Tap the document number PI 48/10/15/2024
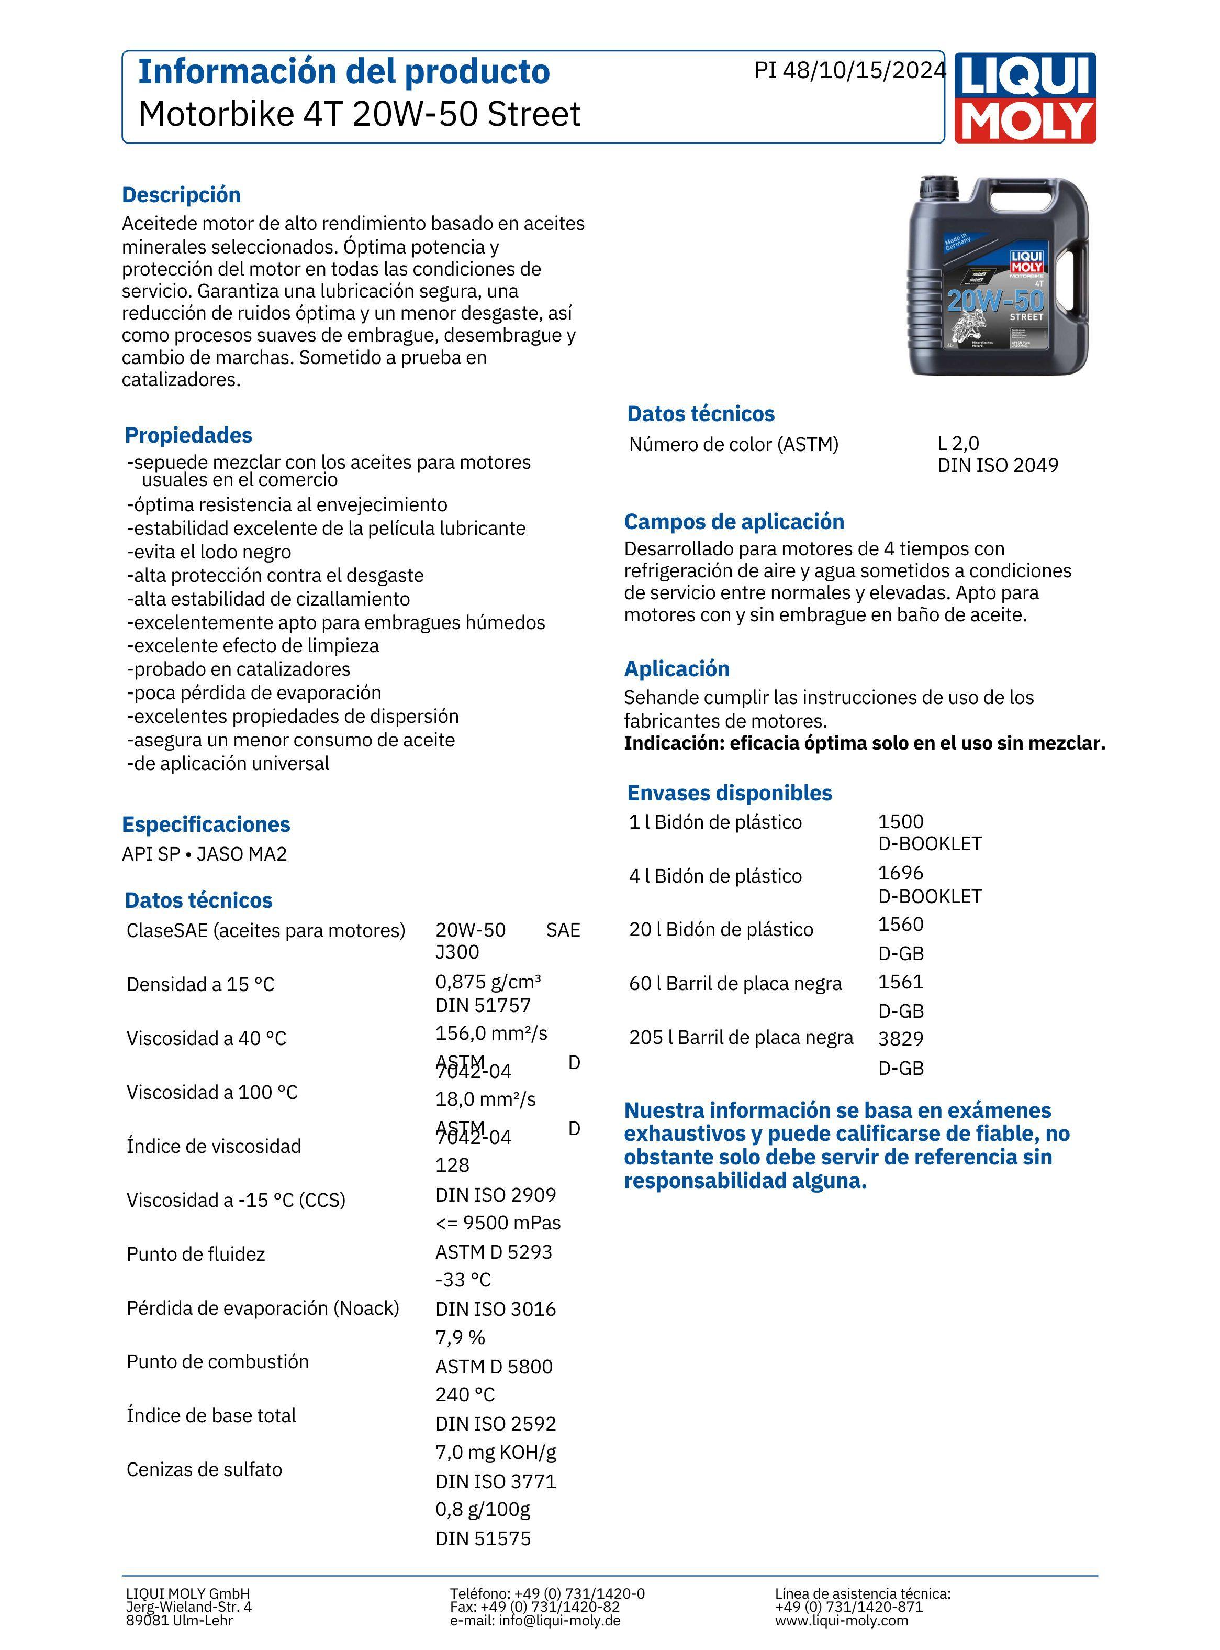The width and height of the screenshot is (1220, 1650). pos(849,70)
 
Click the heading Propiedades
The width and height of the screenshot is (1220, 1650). pos(188,435)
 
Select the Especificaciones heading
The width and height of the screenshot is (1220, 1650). pos(206,824)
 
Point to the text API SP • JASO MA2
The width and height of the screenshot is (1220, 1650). pos(205,854)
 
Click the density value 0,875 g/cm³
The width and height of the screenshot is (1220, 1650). pos(488,982)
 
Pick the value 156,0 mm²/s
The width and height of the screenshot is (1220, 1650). pos(491,1033)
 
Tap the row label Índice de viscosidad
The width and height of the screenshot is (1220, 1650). pos(214,1146)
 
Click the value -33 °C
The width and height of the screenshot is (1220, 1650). pos(463,1280)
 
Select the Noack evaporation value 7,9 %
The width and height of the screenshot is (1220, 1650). pos(460,1337)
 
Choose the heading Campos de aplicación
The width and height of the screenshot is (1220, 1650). pos(734,522)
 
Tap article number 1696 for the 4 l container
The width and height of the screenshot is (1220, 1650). pos(900,873)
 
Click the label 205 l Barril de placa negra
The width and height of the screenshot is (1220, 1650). pos(741,1038)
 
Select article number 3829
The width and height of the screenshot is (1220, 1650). pos(900,1039)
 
